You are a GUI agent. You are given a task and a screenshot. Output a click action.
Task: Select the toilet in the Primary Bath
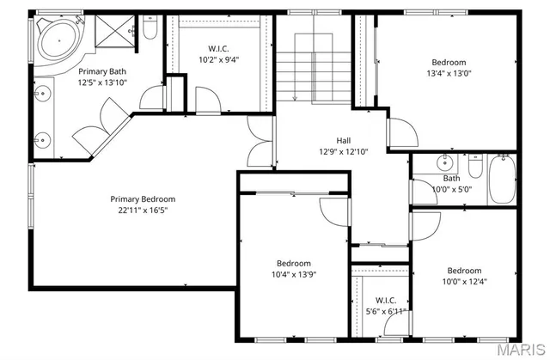(x=150, y=31)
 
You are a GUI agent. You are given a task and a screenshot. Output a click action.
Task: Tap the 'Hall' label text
(x=343, y=140)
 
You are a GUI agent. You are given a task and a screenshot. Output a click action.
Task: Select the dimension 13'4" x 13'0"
(x=449, y=73)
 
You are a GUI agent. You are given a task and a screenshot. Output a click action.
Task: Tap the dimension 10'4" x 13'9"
(x=293, y=274)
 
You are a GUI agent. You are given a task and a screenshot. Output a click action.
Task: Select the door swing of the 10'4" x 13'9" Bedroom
(x=333, y=211)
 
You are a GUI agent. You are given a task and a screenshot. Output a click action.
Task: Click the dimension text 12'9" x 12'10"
(x=343, y=151)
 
